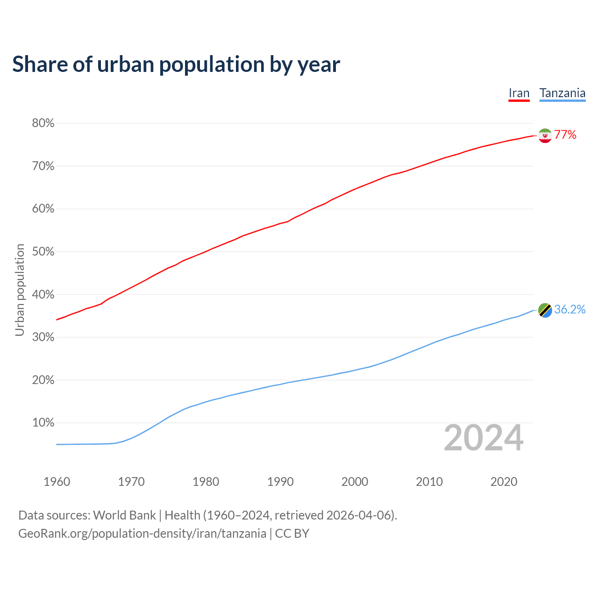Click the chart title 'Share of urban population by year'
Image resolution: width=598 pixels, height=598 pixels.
(x=176, y=64)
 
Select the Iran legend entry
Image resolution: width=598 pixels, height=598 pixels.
(x=519, y=93)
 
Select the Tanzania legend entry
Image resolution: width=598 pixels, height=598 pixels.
(x=562, y=93)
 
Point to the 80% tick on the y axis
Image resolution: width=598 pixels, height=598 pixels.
(x=43, y=123)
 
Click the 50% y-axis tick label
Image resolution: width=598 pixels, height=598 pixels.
(x=43, y=252)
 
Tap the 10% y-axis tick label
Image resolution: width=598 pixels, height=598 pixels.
(x=43, y=423)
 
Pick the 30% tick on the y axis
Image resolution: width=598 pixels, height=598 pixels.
(x=43, y=337)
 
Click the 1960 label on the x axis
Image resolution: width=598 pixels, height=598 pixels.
(x=57, y=482)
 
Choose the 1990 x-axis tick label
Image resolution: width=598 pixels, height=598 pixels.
(x=280, y=482)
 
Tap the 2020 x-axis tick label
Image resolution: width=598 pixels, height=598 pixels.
(x=504, y=482)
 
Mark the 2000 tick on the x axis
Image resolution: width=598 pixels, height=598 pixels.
(x=355, y=482)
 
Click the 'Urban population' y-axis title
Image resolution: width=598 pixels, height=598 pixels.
(x=20, y=290)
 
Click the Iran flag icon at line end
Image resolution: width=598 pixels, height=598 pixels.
(x=545, y=135)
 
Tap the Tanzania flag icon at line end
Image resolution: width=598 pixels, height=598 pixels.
(x=545, y=310)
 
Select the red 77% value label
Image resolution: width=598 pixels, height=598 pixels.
(x=565, y=135)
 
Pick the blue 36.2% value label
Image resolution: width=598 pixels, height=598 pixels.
(x=570, y=310)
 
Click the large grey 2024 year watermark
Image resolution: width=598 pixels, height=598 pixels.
(x=484, y=438)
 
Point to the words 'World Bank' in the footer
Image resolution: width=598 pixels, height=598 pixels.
(x=124, y=515)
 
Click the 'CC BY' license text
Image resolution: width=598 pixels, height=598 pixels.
(x=292, y=534)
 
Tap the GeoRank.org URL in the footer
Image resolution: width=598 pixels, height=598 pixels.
(x=142, y=534)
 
